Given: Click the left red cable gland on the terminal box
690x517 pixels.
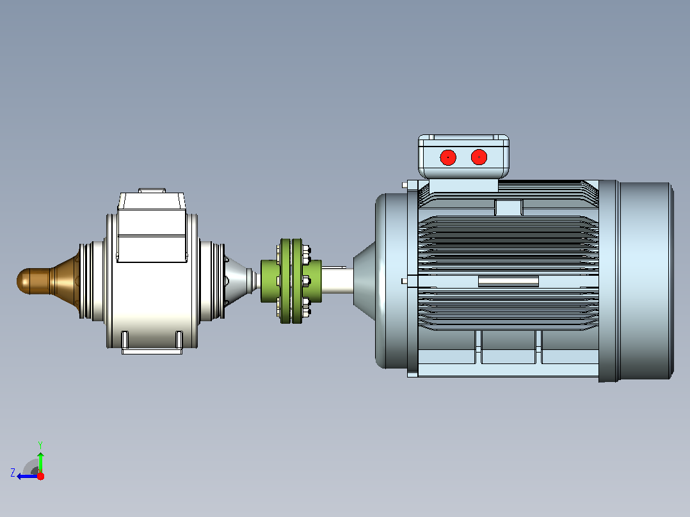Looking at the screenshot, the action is (x=448, y=157).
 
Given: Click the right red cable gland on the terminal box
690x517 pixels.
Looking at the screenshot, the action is (x=479, y=157).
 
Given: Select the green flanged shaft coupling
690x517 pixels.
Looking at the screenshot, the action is (x=291, y=282).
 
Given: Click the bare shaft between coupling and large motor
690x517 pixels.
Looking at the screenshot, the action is (x=337, y=280).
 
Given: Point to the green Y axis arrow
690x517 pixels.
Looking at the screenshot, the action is (x=40, y=463).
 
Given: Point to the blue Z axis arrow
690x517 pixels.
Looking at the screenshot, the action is (x=28, y=476).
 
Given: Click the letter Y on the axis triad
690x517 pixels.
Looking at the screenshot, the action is (x=40, y=445).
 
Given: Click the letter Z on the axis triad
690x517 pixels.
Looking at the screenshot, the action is (x=13, y=473).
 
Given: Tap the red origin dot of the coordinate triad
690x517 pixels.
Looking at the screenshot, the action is (x=40, y=476).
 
